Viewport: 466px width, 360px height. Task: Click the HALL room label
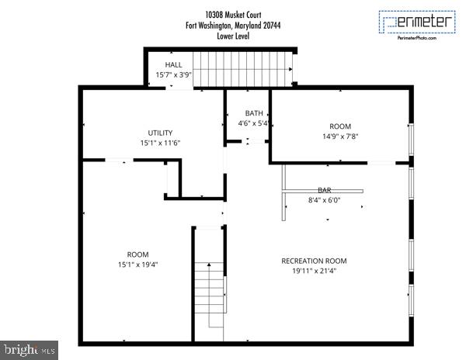[173, 64]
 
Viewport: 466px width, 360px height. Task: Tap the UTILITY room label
[160, 133]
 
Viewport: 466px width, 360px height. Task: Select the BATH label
[253, 113]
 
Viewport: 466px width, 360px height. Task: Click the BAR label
[324, 190]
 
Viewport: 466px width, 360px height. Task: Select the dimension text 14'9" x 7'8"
[340, 137]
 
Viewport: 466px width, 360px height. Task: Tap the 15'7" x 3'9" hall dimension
[173, 75]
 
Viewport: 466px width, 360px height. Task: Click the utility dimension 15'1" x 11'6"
[160, 143]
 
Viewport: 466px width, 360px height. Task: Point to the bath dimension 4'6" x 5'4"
[253, 123]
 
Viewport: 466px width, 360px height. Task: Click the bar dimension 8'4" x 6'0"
[324, 200]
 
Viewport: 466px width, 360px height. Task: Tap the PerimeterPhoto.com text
[416, 38]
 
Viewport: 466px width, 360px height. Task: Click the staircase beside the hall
[242, 68]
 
